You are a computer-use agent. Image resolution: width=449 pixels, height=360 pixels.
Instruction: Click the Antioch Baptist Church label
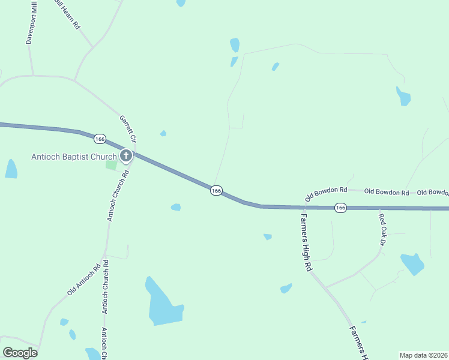coord(74,157)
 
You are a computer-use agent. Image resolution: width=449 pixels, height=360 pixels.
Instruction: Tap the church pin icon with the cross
coord(126,157)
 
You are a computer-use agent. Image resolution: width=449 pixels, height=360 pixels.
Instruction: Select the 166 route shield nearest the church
coord(100,139)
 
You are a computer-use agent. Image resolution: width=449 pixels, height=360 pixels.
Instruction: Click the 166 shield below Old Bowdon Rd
coord(340,208)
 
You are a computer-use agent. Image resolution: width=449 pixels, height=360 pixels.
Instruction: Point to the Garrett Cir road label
coord(128,128)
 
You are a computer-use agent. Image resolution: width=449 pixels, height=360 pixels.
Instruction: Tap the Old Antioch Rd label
coord(84,280)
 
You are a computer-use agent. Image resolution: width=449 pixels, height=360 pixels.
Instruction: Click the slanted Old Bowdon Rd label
coord(326,193)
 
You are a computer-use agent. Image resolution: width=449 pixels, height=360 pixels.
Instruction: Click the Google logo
coord(20,353)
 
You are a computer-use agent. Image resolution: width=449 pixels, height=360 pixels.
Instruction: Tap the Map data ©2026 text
coord(424,355)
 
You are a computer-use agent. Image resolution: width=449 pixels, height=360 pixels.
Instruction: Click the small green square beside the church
coord(112,164)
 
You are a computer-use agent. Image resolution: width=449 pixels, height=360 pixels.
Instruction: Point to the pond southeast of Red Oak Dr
coord(412,263)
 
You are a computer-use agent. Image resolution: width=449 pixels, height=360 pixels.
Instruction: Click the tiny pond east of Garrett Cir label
coord(163,133)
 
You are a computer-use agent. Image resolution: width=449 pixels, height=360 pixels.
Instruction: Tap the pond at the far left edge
coord(11,169)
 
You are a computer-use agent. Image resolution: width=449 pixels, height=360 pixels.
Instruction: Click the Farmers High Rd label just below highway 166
coord(307,242)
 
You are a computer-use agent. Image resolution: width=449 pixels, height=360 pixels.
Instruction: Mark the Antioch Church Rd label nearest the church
coord(118,196)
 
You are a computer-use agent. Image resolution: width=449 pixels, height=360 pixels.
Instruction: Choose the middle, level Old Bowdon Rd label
coord(387,193)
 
